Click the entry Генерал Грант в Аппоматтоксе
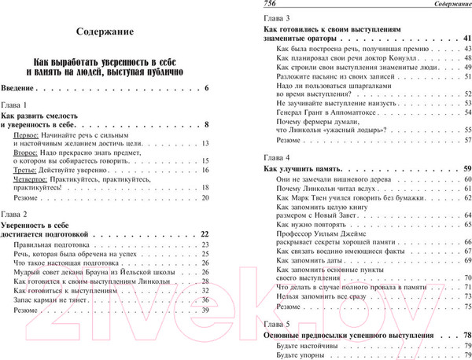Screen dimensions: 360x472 pyautogui.click(x=328, y=112)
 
